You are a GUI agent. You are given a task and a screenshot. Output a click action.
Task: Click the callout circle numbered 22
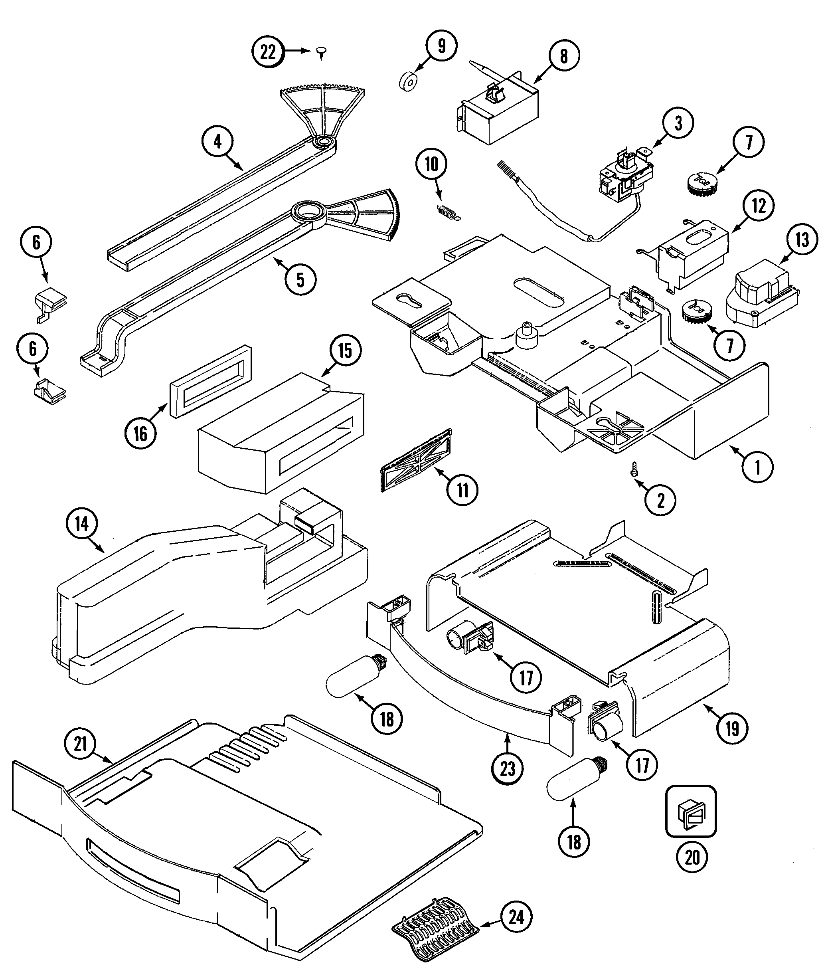(268, 52)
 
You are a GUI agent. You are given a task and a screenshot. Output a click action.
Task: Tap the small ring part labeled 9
(409, 82)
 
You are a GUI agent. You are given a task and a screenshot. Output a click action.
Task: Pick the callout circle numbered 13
(802, 241)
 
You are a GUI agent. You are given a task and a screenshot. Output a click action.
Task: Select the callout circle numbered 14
(81, 524)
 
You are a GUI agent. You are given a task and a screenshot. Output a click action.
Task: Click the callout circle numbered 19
(732, 728)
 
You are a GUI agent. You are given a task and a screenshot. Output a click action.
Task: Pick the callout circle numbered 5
(300, 280)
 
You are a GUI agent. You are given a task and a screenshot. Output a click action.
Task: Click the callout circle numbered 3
(678, 123)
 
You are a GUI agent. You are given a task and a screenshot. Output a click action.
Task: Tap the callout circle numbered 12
(759, 206)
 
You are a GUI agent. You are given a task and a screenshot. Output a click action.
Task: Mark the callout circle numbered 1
(757, 466)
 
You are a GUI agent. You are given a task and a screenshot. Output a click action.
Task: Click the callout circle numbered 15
(345, 351)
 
